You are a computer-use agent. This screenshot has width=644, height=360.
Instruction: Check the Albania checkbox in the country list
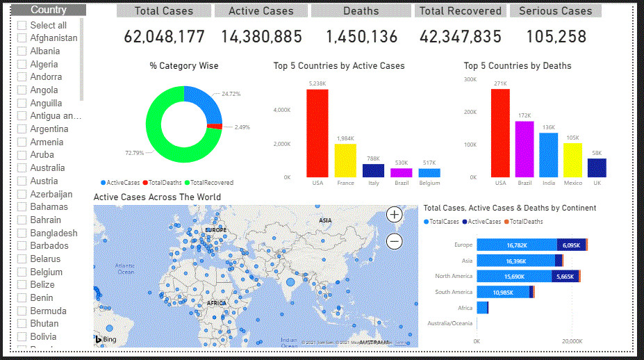[22, 51]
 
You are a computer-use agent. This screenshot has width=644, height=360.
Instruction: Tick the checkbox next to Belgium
[22, 272]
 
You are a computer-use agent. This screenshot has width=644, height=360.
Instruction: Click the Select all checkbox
[22, 25]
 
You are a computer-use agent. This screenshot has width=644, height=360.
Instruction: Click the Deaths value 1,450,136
[361, 37]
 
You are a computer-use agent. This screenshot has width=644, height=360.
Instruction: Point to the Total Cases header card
[164, 11]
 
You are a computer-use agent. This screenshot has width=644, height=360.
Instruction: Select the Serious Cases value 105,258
[556, 37]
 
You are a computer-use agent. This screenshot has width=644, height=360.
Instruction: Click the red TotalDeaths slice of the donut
[216, 126]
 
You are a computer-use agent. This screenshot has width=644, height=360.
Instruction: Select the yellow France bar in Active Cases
[345, 161]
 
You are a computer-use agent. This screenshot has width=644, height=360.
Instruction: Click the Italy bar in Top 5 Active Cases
[374, 170]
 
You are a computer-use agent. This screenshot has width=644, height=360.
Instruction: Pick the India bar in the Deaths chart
[549, 155]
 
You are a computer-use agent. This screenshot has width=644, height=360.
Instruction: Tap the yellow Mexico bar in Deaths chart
[572, 160]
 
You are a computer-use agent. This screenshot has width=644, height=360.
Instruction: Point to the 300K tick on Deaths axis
[470, 79]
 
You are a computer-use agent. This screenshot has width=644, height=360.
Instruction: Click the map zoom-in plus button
[394, 215]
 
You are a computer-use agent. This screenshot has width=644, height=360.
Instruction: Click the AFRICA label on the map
[217, 303]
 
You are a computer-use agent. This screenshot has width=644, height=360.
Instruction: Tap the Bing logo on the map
[106, 340]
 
